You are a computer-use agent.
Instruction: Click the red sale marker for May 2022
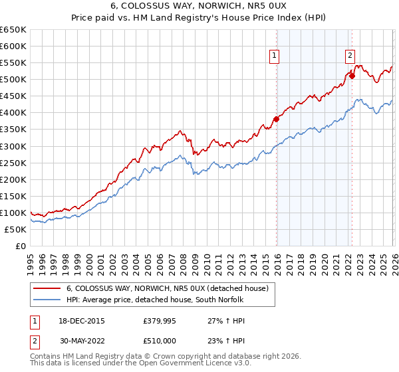(352, 76)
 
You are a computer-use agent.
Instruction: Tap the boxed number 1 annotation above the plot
(275, 56)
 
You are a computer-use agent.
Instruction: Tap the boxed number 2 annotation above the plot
(350, 56)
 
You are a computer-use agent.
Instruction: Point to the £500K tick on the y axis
(13, 80)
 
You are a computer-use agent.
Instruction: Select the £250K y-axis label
(13, 163)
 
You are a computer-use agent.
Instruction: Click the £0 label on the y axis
(20, 246)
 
